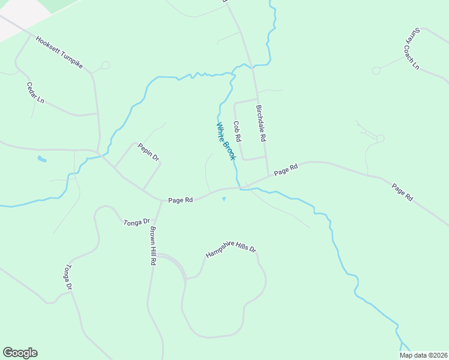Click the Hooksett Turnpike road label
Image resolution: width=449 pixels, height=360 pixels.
pos(59,53)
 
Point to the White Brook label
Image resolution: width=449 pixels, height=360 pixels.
pos(225,141)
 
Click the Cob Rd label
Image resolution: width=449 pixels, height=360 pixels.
pos(238,131)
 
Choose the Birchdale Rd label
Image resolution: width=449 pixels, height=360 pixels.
pos(261,123)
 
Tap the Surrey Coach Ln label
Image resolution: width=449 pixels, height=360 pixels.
pos(411,48)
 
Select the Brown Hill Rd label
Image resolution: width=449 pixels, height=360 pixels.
pos(154,246)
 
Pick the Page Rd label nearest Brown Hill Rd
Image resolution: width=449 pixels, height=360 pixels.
pos(180,200)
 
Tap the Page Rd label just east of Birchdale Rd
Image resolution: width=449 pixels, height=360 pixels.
pos(286,170)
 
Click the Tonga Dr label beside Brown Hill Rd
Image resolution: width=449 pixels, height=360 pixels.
pos(136,222)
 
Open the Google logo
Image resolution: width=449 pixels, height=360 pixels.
pos(20,353)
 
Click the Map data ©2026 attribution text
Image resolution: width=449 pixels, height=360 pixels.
pos(423,355)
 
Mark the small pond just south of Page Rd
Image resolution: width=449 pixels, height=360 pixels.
pos(224,199)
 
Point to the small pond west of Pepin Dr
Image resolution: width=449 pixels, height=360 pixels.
pos(41,159)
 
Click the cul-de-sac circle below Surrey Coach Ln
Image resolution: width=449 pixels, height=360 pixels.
pos(376,70)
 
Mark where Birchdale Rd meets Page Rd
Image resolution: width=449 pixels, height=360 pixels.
pos(268,177)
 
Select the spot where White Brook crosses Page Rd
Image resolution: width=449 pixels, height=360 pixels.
pos(240,187)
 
